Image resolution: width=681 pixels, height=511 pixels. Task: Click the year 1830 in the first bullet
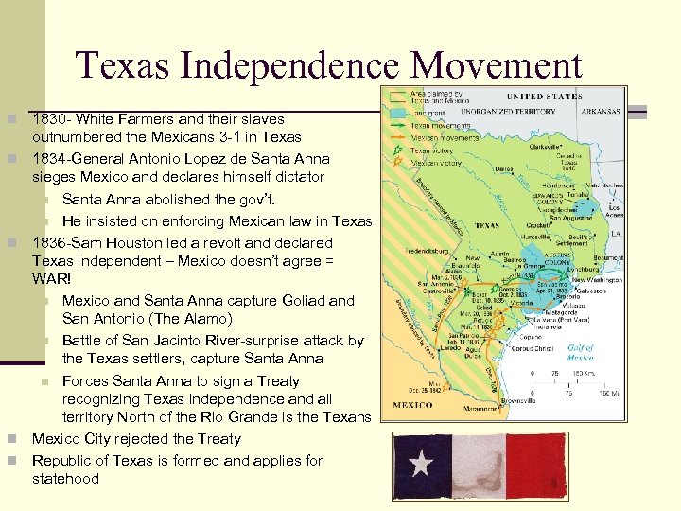[48, 119]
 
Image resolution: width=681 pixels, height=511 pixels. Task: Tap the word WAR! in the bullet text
[51, 279]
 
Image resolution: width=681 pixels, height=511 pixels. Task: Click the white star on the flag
[422, 465]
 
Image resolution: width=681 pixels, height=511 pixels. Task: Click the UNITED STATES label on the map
[544, 97]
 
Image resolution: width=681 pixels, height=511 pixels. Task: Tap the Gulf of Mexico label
[580, 353]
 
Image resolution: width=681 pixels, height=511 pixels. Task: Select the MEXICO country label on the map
[413, 404]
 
